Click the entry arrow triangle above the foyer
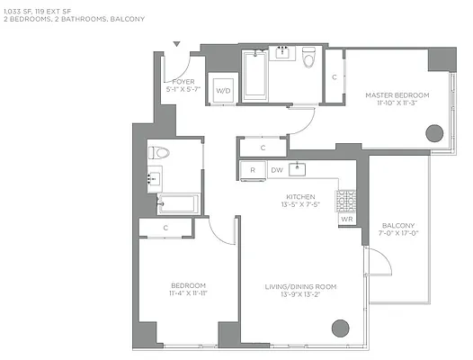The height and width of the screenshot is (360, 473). [177, 43]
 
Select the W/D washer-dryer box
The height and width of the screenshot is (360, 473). [222, 89]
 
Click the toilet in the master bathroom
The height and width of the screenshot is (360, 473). [308, 60]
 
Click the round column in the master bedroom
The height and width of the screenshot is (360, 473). [434, 134]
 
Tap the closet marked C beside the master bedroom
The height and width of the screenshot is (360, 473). [334, 77]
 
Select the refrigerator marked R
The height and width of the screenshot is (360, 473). [253, 169]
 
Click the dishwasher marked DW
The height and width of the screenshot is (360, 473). [276, 169]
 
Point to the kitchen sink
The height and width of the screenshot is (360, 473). [300, 169]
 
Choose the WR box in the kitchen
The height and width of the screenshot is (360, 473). [346, 219]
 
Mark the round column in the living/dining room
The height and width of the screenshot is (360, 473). [340, 328]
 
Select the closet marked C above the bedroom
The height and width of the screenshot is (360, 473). [167, 229]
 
